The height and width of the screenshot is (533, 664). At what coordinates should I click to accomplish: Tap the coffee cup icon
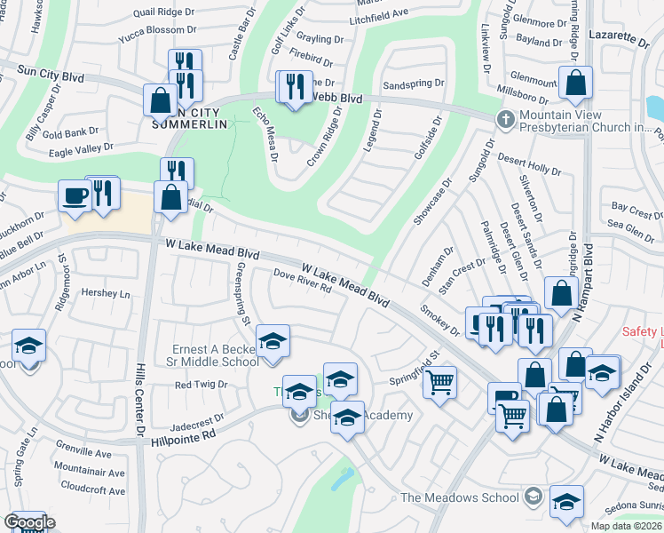click(x=74, y=195)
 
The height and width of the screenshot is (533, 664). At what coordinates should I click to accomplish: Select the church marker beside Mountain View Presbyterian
click(x=505, y=119)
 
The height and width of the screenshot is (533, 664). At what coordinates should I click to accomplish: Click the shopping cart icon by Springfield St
click(x=439, y=383)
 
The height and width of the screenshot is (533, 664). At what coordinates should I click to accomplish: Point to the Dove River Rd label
click(x=303, y=281)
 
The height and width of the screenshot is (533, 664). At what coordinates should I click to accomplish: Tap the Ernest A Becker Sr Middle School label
click(x=217, y=354)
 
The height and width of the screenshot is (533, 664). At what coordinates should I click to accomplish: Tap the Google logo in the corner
click(x=28, y=522)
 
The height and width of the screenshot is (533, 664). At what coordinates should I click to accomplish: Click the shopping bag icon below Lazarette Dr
click(x=576, y=84)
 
